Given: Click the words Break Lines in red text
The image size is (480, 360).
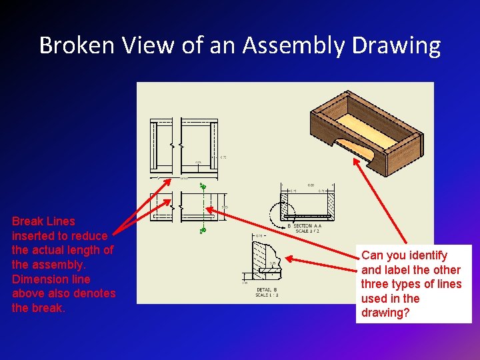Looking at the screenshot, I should click(43, 221).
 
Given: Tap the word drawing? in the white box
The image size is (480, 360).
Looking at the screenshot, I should click(385, 313).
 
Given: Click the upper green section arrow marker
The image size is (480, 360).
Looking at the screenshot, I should click(203, 187).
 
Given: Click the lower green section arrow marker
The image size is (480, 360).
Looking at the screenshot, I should click(203, 231).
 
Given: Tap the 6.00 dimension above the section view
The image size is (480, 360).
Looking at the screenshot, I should click(311, 185).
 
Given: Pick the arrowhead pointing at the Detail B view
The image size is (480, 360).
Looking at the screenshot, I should click(287, 259).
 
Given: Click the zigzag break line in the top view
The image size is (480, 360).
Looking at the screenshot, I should click(173, 145).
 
